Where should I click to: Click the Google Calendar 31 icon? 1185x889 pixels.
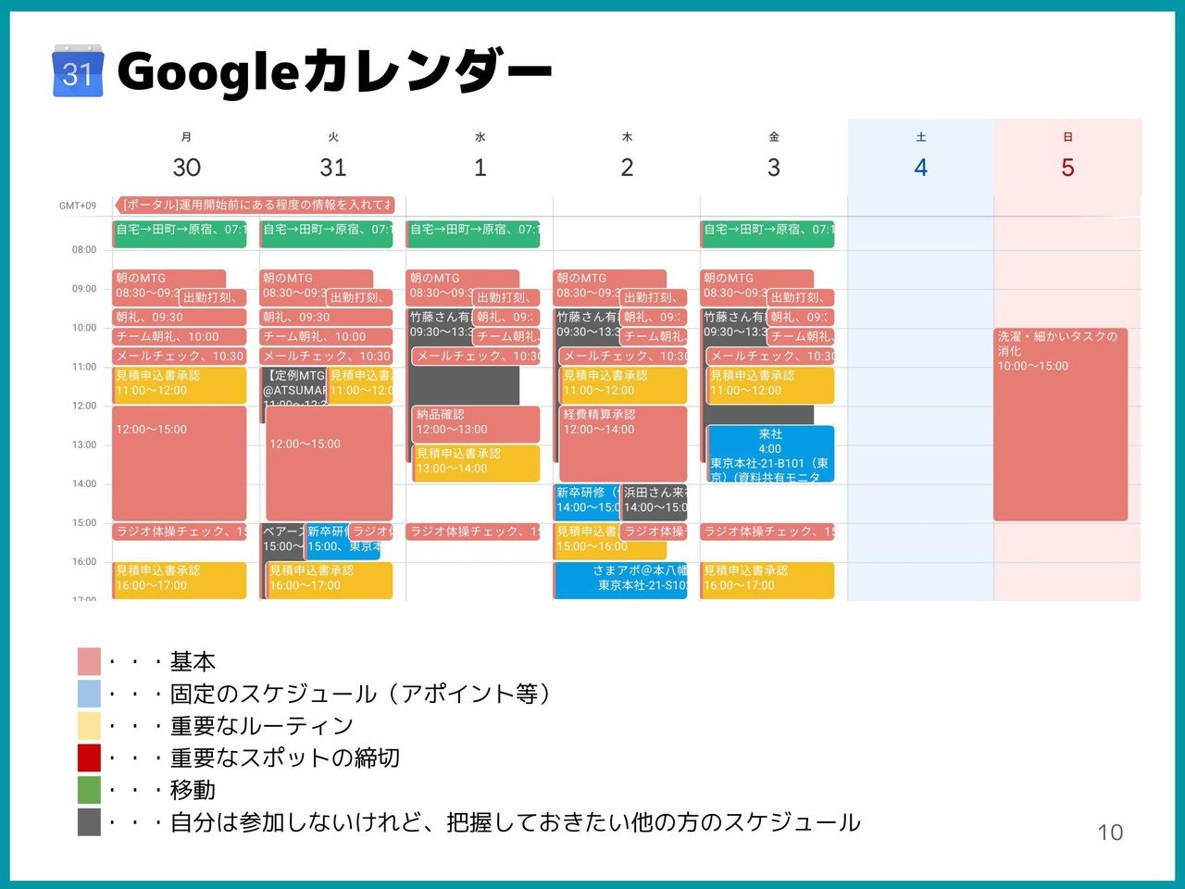pyautogui.click(x=77, y=70)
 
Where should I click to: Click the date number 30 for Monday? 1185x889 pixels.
pyautogui.click(x=186, y=168)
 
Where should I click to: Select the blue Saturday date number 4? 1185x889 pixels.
pyautogui.click(x=920, y=168)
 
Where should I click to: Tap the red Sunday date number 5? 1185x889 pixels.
pyautogui.click(x=1067, y=168)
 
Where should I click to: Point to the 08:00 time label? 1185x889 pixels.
pyautogui.click(x=84, y=250)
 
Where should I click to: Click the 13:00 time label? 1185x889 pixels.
pyautogui.click(x=84, y=444)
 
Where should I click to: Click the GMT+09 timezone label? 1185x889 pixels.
pyautogui.click(x=78, y=206)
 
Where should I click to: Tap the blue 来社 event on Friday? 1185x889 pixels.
pyautogui.click(x=770, y=454)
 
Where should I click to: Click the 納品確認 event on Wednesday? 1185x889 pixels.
pyautogui.click(x=476, y=423)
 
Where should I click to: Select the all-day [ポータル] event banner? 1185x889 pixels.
pyautogui.click(x=255, y=205)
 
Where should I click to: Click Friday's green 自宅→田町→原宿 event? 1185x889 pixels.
pyautogui.click(x=767, y=233)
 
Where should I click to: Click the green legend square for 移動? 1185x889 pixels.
pyautogui.click(x=89, y=790)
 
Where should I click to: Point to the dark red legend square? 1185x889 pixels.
pyautogui.click(x=89, y=758)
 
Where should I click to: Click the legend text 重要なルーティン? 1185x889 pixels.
pyautogui.click(x=262, y=726)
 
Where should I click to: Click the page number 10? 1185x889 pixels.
pyautogui.click(x=1110, y=833)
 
